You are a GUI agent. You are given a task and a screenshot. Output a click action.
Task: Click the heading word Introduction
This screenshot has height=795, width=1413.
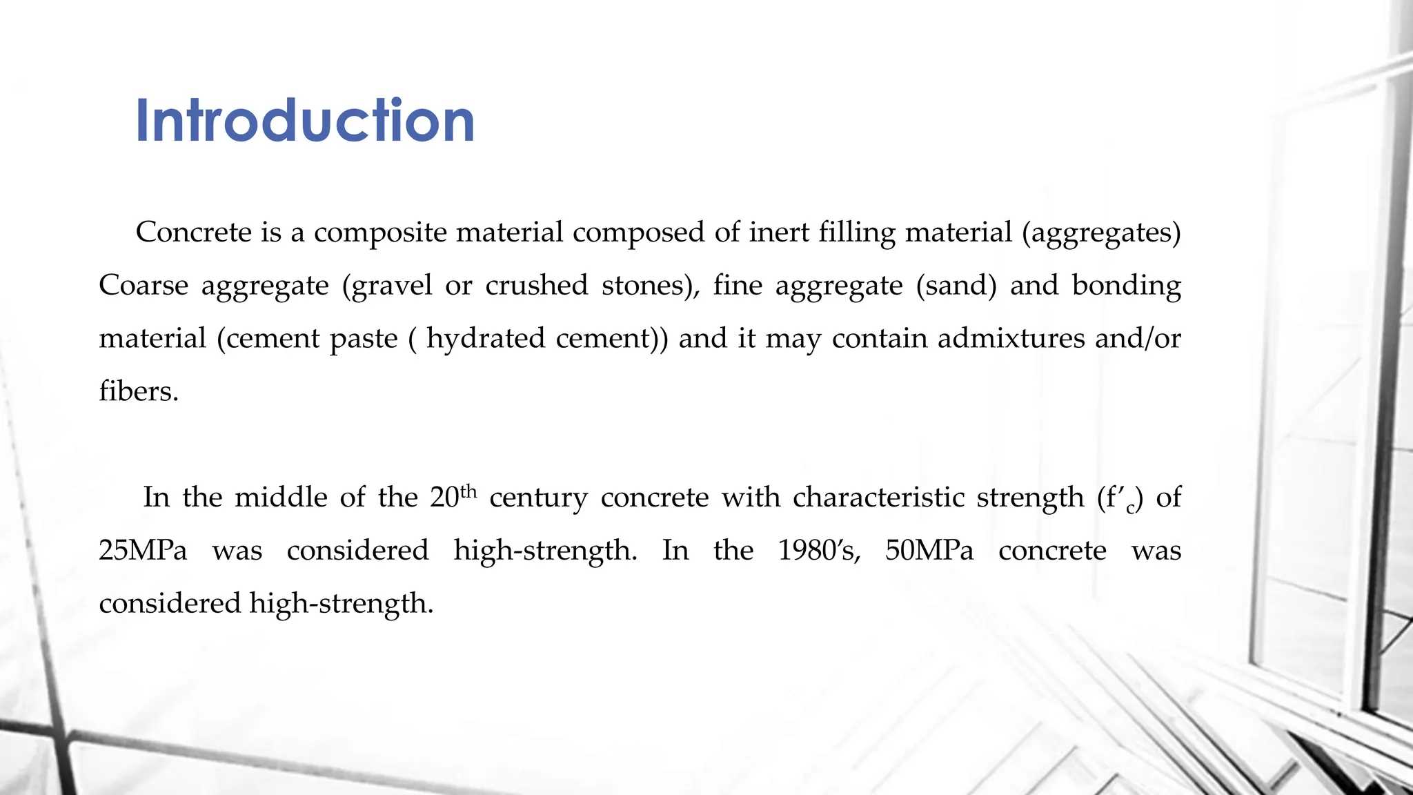click(305, 121)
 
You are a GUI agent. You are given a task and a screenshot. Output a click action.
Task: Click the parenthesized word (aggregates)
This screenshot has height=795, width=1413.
click(1101, 233)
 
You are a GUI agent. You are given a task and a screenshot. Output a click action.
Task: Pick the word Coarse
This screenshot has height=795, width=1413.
click(144, 285)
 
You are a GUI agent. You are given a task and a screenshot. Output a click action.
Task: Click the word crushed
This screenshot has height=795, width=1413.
click(536, 285)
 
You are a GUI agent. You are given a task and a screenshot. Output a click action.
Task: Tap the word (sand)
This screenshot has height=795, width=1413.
click(956, 285)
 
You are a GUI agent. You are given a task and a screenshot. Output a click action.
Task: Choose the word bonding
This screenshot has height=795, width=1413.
click(1126, 285)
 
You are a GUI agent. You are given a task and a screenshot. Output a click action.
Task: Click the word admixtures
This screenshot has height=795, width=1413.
click(1011, 338)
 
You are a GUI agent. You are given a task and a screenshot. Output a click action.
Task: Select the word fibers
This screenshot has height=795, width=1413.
click(139, 391)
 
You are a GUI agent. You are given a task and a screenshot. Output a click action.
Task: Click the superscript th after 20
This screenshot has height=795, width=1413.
click(468, 491)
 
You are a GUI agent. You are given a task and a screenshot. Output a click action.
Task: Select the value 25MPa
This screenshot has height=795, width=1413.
click(143, 550)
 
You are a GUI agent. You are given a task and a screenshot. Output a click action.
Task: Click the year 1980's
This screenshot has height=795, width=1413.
click(819, 550)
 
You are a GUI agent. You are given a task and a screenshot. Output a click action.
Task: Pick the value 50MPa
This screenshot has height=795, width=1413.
click(929, 550)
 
